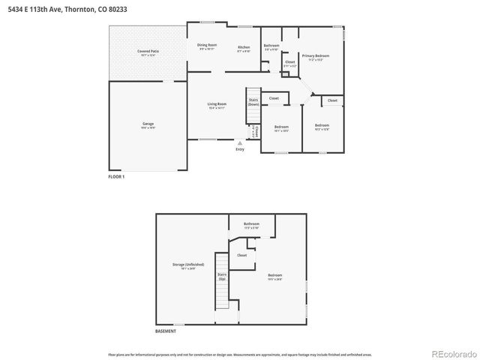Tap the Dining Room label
(207, 45)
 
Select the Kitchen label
(244, 47)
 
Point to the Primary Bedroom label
(316, 55)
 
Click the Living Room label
(217, 104)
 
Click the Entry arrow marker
(240, 142)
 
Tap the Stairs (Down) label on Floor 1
(253, 103)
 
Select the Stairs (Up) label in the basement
(223, 277)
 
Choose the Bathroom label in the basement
(251, 224)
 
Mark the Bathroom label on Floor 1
(271, 46)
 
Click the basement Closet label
(241, 255)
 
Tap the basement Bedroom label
(276, 275)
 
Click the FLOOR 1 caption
(117, 176)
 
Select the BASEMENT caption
(166, 331)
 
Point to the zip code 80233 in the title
(118, 9)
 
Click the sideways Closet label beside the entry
(256, 132)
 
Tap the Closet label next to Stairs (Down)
(274, 98)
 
